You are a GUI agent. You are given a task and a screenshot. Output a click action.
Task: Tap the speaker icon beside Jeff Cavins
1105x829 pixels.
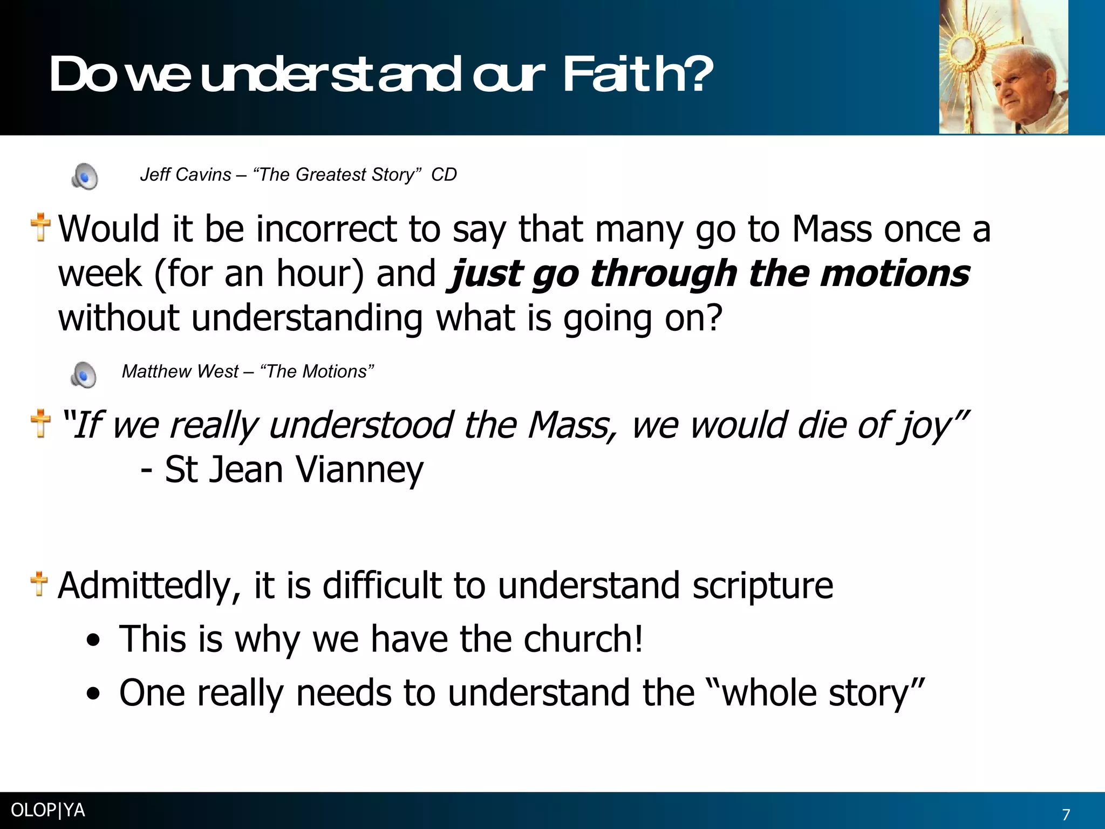click(x=85, y=176)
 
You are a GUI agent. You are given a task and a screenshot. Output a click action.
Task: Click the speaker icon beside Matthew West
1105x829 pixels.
click(x=84, y=375)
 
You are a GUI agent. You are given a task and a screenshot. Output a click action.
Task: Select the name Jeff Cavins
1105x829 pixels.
click(x=186, y=175)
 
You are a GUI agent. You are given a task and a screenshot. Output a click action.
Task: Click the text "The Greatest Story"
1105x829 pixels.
click(x=337, y=175)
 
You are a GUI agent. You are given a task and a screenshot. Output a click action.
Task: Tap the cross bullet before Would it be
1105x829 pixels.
click(x=40, y=227)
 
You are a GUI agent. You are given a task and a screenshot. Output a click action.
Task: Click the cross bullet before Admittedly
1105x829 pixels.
click(x=39, y=584)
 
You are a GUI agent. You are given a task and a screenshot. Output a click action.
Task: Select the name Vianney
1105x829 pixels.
click(x=360, y=470)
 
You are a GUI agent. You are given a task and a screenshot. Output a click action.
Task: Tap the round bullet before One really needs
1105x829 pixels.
click(x=93, y=694)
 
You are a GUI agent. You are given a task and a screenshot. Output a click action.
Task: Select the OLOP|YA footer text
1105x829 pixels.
click(x=48, y=810)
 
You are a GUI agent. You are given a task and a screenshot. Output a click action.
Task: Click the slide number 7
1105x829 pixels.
click(x=1066, y=814)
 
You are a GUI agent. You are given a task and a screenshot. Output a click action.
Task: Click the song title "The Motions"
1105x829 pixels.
click(x=317, y=372)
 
